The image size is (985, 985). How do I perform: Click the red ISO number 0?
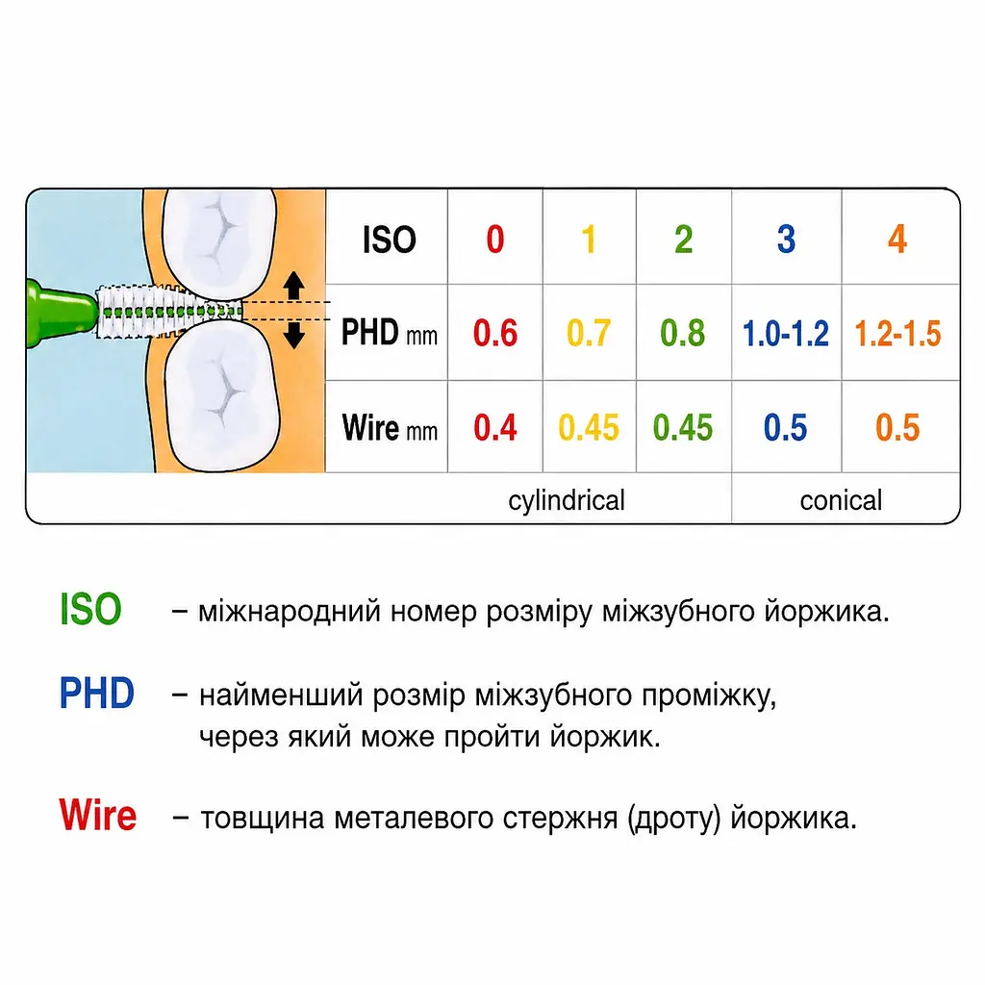[x=495, y=240]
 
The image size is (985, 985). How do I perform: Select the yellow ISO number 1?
[x=589, y=240]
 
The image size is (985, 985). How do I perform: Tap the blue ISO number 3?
[x=786, y=240]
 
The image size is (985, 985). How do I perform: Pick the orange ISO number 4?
[x=897, y=240]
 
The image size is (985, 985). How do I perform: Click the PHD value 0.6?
[x=495, y=333]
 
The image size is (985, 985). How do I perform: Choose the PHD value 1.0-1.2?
[x=786, y=333]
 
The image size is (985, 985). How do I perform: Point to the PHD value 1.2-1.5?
[x=898, y=333]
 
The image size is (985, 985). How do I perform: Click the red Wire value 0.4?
[x=495, y=428]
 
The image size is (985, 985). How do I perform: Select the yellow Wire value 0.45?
[x=589, y=428]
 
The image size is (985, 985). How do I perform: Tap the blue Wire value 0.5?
[x=786, y=428]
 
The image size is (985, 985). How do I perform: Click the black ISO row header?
[x=389, y=240]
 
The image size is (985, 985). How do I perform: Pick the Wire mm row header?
[x=390, y=428]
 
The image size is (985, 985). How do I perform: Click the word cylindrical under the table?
[x=567, y=500]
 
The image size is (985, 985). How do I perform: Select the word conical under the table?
[x=841, y=500]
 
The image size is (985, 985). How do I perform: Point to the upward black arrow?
[x=293, y=286]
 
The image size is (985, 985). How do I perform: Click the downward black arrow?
[x=293, y=335]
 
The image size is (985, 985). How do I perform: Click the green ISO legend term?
[x=90, y=609]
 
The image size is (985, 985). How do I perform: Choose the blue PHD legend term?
[x=97, y=694]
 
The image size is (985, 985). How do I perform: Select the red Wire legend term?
[x=97, y=816]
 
